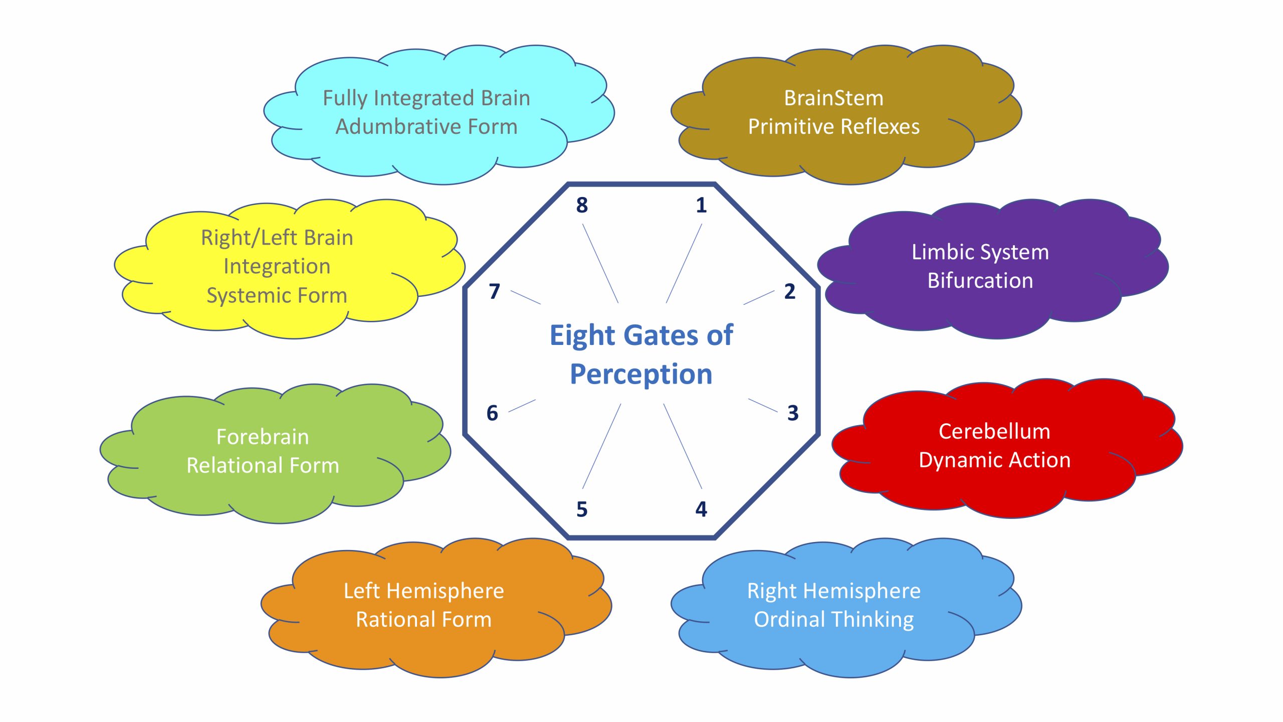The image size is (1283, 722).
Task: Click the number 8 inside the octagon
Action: [581, 205]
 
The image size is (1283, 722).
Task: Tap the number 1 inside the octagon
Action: [701, 205]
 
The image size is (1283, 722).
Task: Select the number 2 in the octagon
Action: [789, 291]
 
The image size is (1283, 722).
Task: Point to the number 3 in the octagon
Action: [792, 413]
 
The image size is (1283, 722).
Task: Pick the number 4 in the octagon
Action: [701, 509]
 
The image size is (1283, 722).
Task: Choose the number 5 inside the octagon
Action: [581, 509]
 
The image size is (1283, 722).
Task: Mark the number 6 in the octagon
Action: [492, 413]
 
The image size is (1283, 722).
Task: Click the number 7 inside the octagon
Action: [494, 291]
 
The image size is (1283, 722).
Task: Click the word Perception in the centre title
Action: [641, 375]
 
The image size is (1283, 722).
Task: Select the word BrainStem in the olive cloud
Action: [833, 98]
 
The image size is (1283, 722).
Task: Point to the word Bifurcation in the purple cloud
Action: [980, 281]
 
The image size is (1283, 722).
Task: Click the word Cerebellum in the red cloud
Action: [994, 432]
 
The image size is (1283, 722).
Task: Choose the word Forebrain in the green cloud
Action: [262, 437]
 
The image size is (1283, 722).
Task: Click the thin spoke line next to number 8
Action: [600, 263]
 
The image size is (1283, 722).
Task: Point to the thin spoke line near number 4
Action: [683, 446]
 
